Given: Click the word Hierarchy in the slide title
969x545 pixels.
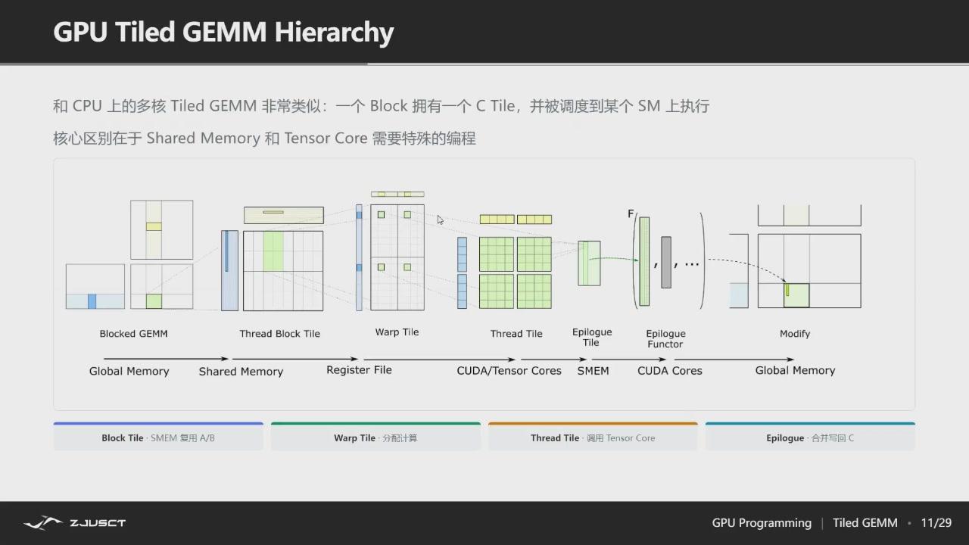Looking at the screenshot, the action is pos(334,33).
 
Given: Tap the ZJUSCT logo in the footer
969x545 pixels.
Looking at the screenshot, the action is pos(74,523).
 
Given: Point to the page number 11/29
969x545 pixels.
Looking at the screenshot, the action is pos(936,523).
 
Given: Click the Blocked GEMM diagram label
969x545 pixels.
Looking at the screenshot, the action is pos(134,334).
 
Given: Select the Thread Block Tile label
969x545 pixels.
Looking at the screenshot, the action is pos(280,334).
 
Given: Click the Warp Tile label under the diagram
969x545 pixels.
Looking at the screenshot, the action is pos(397,332).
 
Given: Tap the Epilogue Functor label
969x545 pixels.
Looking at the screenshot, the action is pos(665,338).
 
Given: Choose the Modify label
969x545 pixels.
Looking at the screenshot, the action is pos(795,334).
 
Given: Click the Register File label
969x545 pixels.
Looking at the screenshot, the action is pos(359,370).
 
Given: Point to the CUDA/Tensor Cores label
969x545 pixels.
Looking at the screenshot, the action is pos(509,371).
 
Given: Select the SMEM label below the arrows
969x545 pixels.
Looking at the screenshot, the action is pos(593,371).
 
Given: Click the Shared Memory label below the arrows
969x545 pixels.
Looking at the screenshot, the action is pos(241,372).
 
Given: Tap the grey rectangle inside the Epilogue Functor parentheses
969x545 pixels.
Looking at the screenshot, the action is pos(666,262).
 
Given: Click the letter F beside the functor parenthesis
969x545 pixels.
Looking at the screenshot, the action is pos(631,213).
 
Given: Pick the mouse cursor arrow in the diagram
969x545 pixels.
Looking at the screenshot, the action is pos(441,220).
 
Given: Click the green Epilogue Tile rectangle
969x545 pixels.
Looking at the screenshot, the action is pos(589,263).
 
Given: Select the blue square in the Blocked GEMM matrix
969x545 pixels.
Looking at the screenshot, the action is pos(92,301).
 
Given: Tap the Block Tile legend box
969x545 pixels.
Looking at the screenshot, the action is pos(158,437).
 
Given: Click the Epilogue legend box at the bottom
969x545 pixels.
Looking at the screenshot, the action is pos(810,437).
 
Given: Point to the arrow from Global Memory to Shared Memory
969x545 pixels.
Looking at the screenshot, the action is pos(166,359).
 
